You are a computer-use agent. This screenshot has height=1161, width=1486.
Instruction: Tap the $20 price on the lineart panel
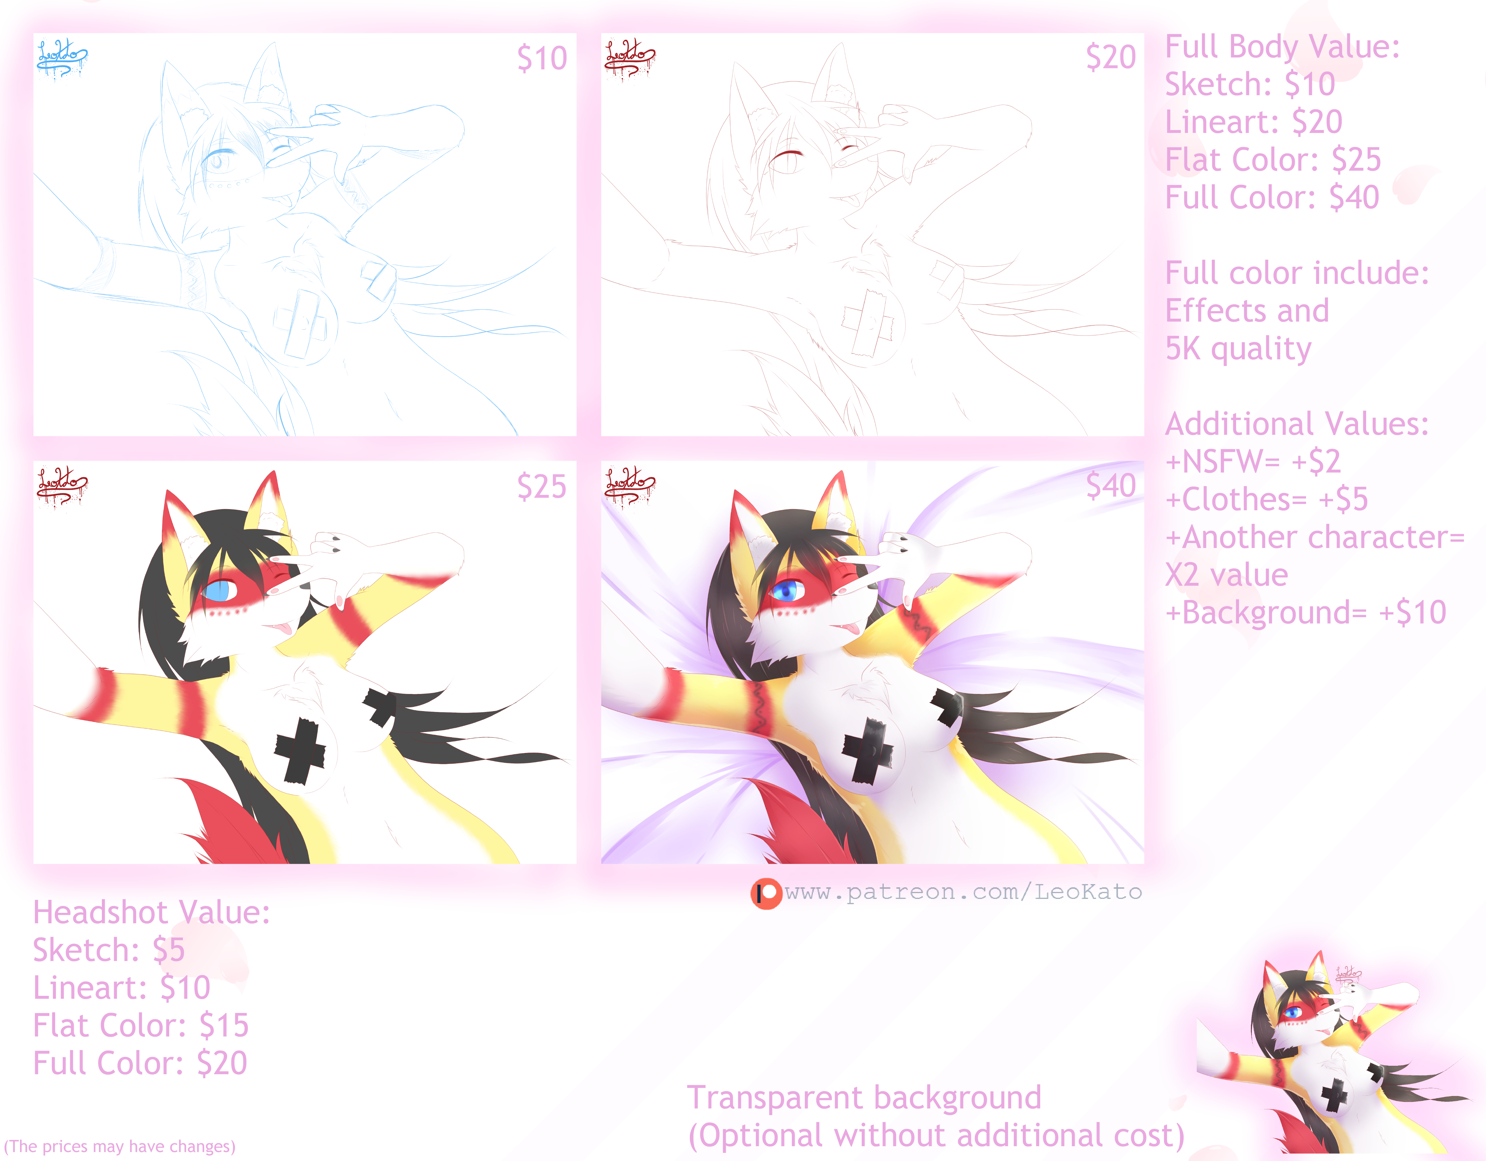pos(1110,57)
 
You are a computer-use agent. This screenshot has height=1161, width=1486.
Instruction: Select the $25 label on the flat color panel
pos(542,486)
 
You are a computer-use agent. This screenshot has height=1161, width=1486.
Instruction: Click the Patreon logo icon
pos(766,893)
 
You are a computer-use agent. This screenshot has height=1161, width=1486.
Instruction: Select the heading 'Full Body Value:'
pos(1282,48)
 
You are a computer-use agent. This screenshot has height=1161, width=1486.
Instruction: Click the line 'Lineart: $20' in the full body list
pos(1253,122)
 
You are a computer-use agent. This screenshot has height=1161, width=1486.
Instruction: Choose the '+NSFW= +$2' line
pos(1253,461)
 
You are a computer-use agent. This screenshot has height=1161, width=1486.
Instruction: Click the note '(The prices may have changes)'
pos(120,1147)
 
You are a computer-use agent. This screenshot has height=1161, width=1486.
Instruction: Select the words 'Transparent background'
pos(864,1098)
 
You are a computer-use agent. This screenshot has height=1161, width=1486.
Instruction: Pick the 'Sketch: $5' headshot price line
pos(109,950)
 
